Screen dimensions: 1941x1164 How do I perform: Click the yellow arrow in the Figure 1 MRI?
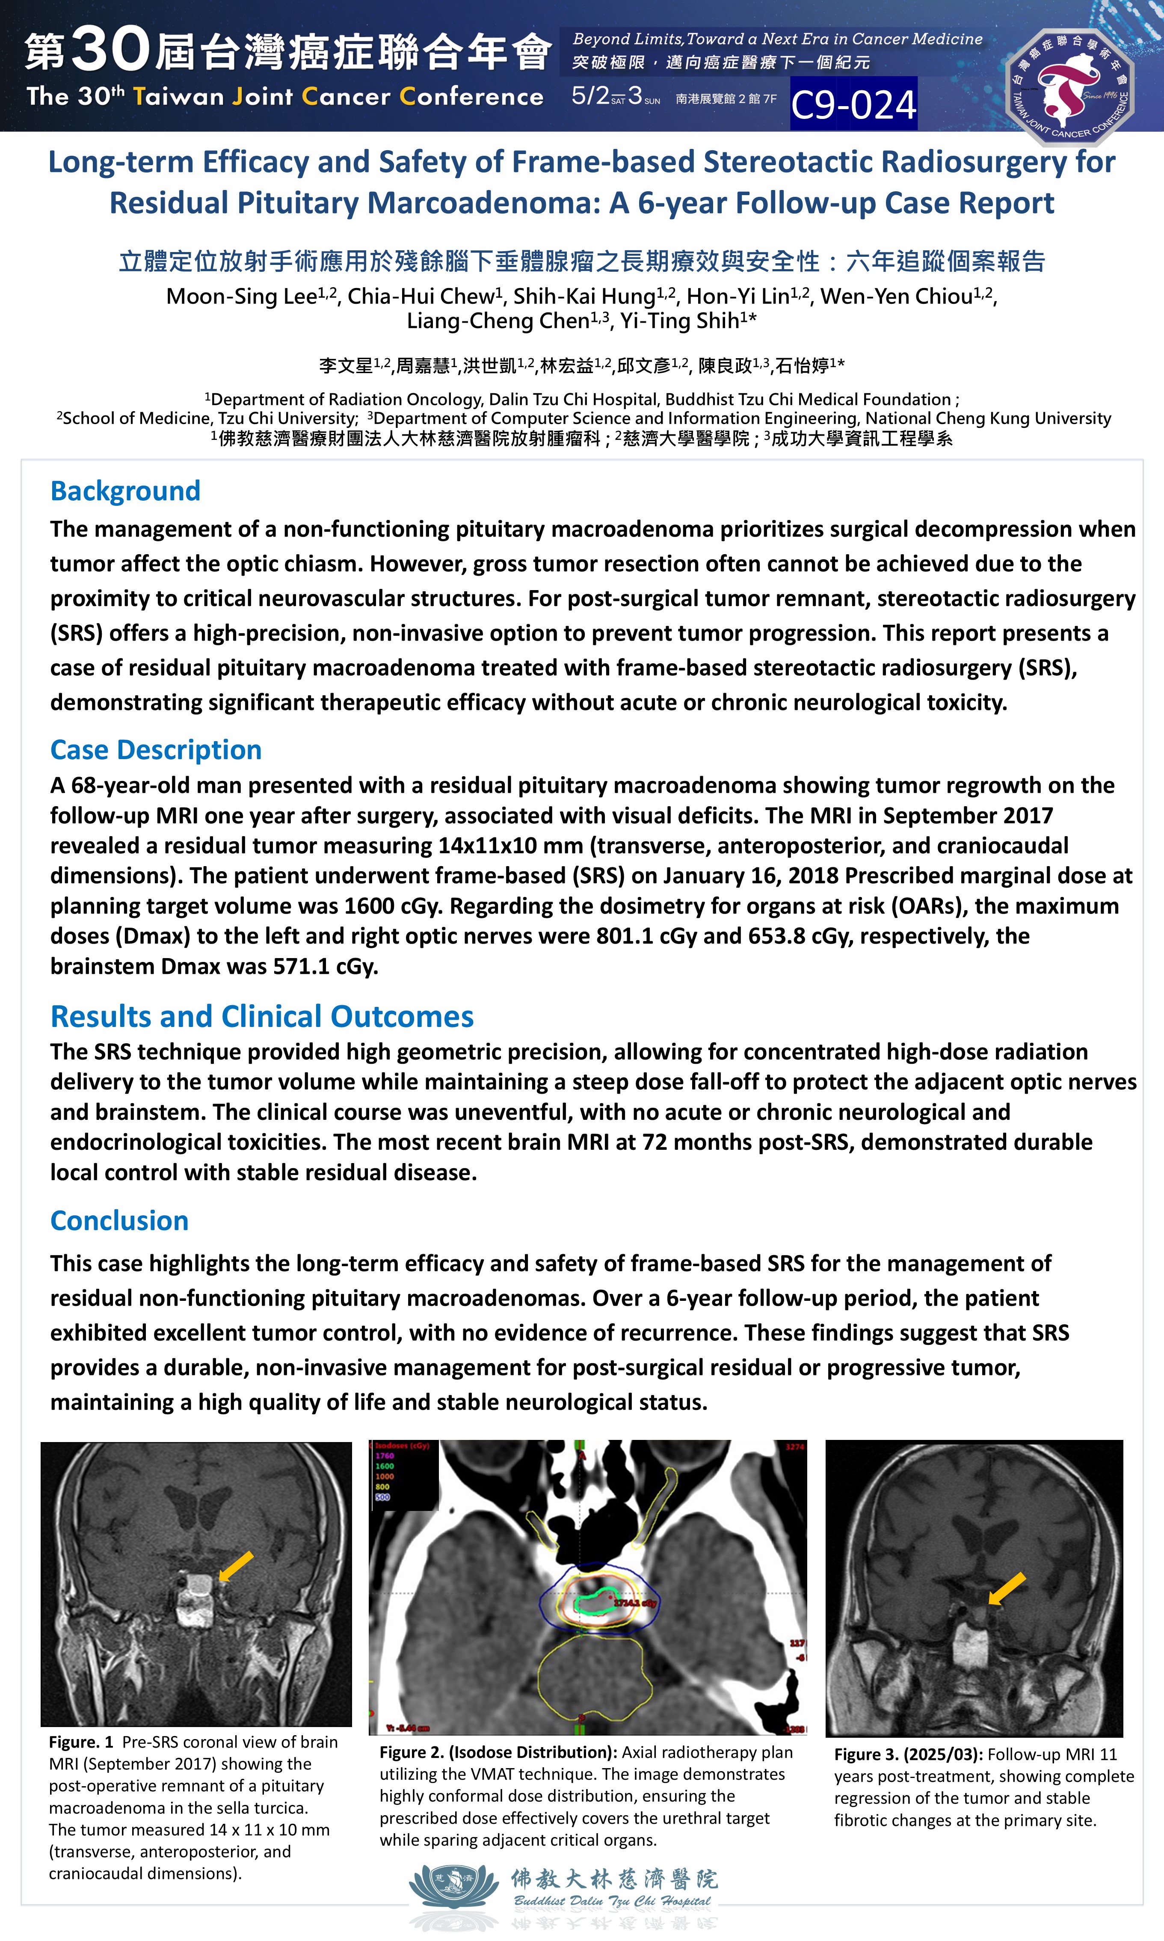(235, 1566)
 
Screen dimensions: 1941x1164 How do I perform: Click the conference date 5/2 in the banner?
(590, 96)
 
